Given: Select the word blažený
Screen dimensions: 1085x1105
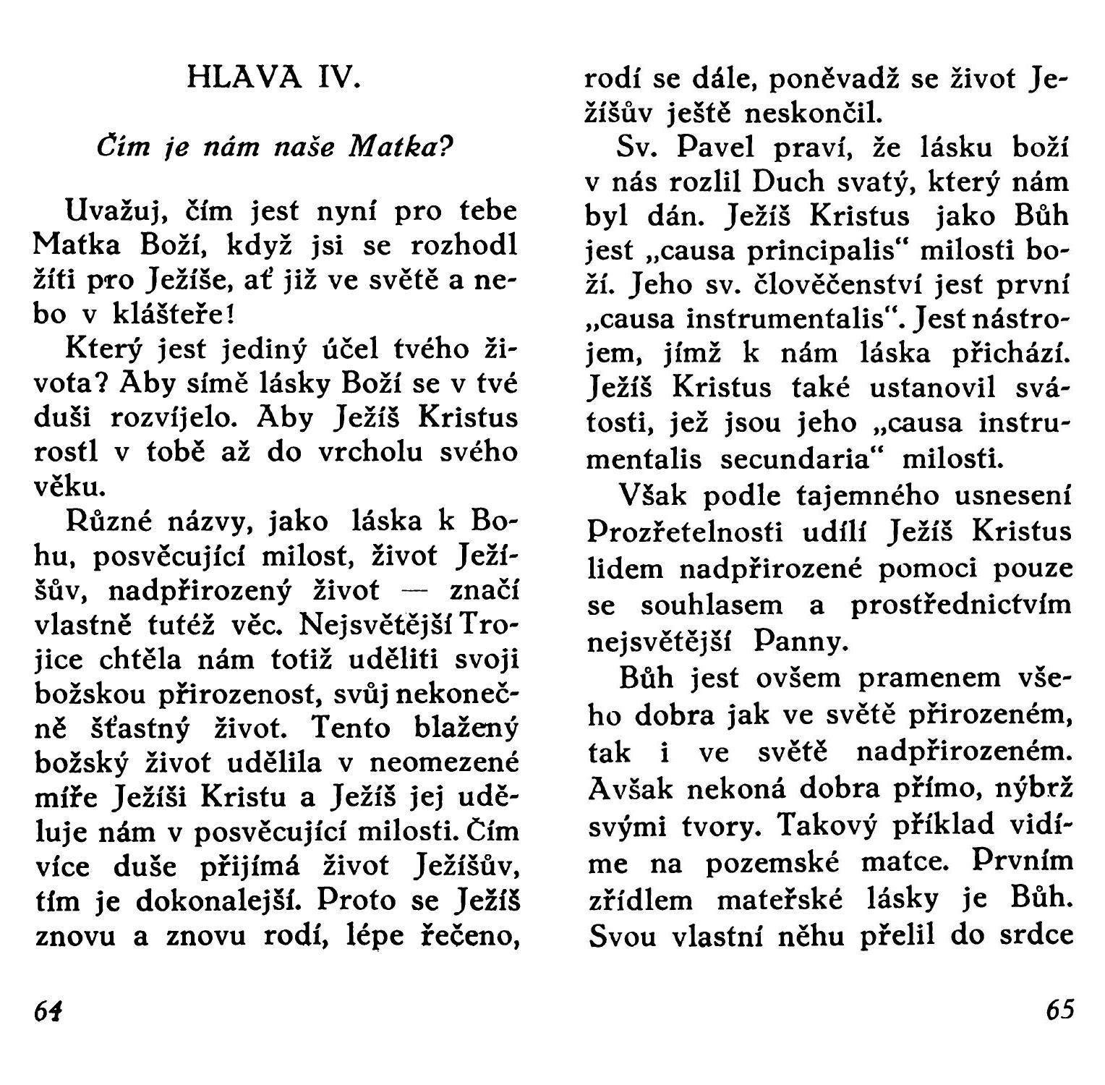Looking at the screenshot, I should [x=466, y=728].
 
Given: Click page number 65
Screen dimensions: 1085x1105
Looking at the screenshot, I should [x=1060, y=1009].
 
